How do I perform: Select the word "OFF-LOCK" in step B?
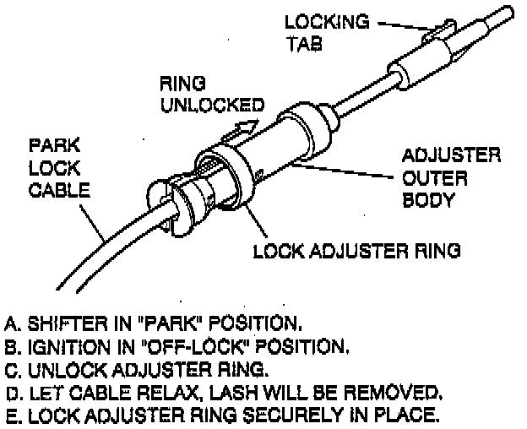click(x=187, y=345)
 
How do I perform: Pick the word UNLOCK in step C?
click(x=62, y=368)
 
